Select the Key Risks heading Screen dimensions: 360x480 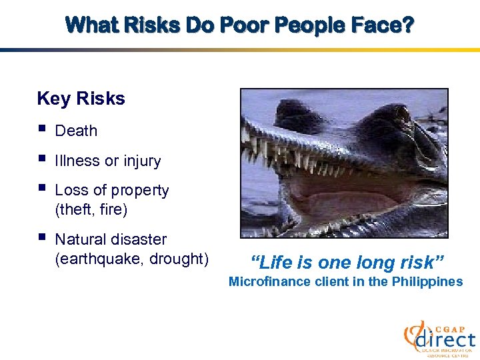coord(81,99)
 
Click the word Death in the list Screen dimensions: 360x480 coord(76,131)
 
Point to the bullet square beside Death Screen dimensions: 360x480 coord(42,129)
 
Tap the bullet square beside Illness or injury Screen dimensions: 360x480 coord(42,159)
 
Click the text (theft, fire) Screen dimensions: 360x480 coord(91,210)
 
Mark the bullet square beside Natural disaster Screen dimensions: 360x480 coord(42,237)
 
